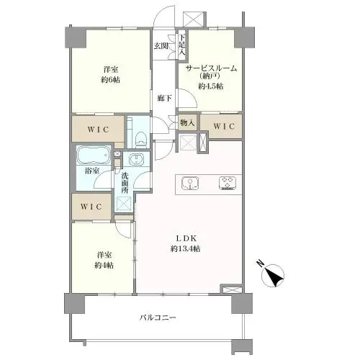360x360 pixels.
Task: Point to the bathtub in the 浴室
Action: [94, 156]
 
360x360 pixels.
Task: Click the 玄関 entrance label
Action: [161, 46]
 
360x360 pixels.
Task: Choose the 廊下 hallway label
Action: [164, 98]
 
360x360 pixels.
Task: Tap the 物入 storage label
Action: [186, 123]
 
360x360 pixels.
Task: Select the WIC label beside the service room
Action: [225, 127]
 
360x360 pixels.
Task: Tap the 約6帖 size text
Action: [110, 80]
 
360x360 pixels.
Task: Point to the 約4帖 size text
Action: [104, 265]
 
